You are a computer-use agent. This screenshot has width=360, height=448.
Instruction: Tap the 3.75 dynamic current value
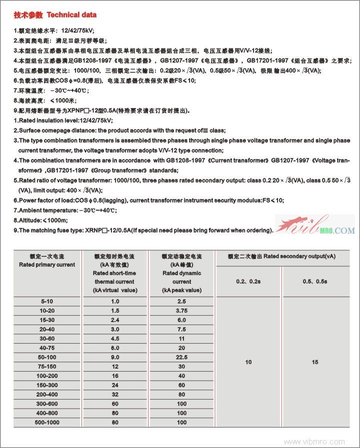pos(181,310)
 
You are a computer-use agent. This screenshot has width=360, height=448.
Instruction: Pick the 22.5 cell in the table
pos(181,357)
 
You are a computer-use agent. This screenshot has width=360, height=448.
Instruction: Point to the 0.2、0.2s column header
pos(248,282)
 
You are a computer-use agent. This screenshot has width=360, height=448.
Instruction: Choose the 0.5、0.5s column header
pos(315,282)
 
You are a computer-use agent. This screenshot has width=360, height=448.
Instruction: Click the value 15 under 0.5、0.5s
pos(315,362)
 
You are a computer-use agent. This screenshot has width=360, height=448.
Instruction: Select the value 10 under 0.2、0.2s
pos(248,362)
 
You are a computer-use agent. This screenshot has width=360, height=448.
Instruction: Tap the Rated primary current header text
pos(47,264)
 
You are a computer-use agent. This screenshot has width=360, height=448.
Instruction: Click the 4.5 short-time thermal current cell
pos(115,339)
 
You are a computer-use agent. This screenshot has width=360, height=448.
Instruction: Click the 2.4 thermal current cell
pos(115,320)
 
